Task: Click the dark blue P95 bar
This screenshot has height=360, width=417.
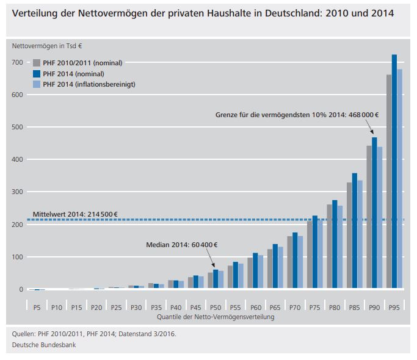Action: (394, 171)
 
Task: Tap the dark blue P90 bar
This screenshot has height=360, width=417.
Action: (374, 214)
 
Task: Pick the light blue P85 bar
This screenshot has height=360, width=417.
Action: (360, 235)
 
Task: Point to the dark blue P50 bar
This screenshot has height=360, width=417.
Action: (216, 279)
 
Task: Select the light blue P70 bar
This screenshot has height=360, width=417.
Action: (300, 263)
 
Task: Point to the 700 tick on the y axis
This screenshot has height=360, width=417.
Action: (18, 63)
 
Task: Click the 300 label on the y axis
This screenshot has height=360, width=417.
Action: (18, 192)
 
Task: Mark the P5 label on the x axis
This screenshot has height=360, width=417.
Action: (37, 307)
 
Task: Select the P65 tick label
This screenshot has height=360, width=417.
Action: (275, 307)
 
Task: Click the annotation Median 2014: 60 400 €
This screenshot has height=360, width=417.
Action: (182, 245)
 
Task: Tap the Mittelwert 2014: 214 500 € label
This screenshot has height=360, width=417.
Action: (75, 214)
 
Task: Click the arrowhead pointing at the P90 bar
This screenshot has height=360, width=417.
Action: (371, 134)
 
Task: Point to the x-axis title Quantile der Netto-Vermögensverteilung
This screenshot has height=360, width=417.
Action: (216, 317)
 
